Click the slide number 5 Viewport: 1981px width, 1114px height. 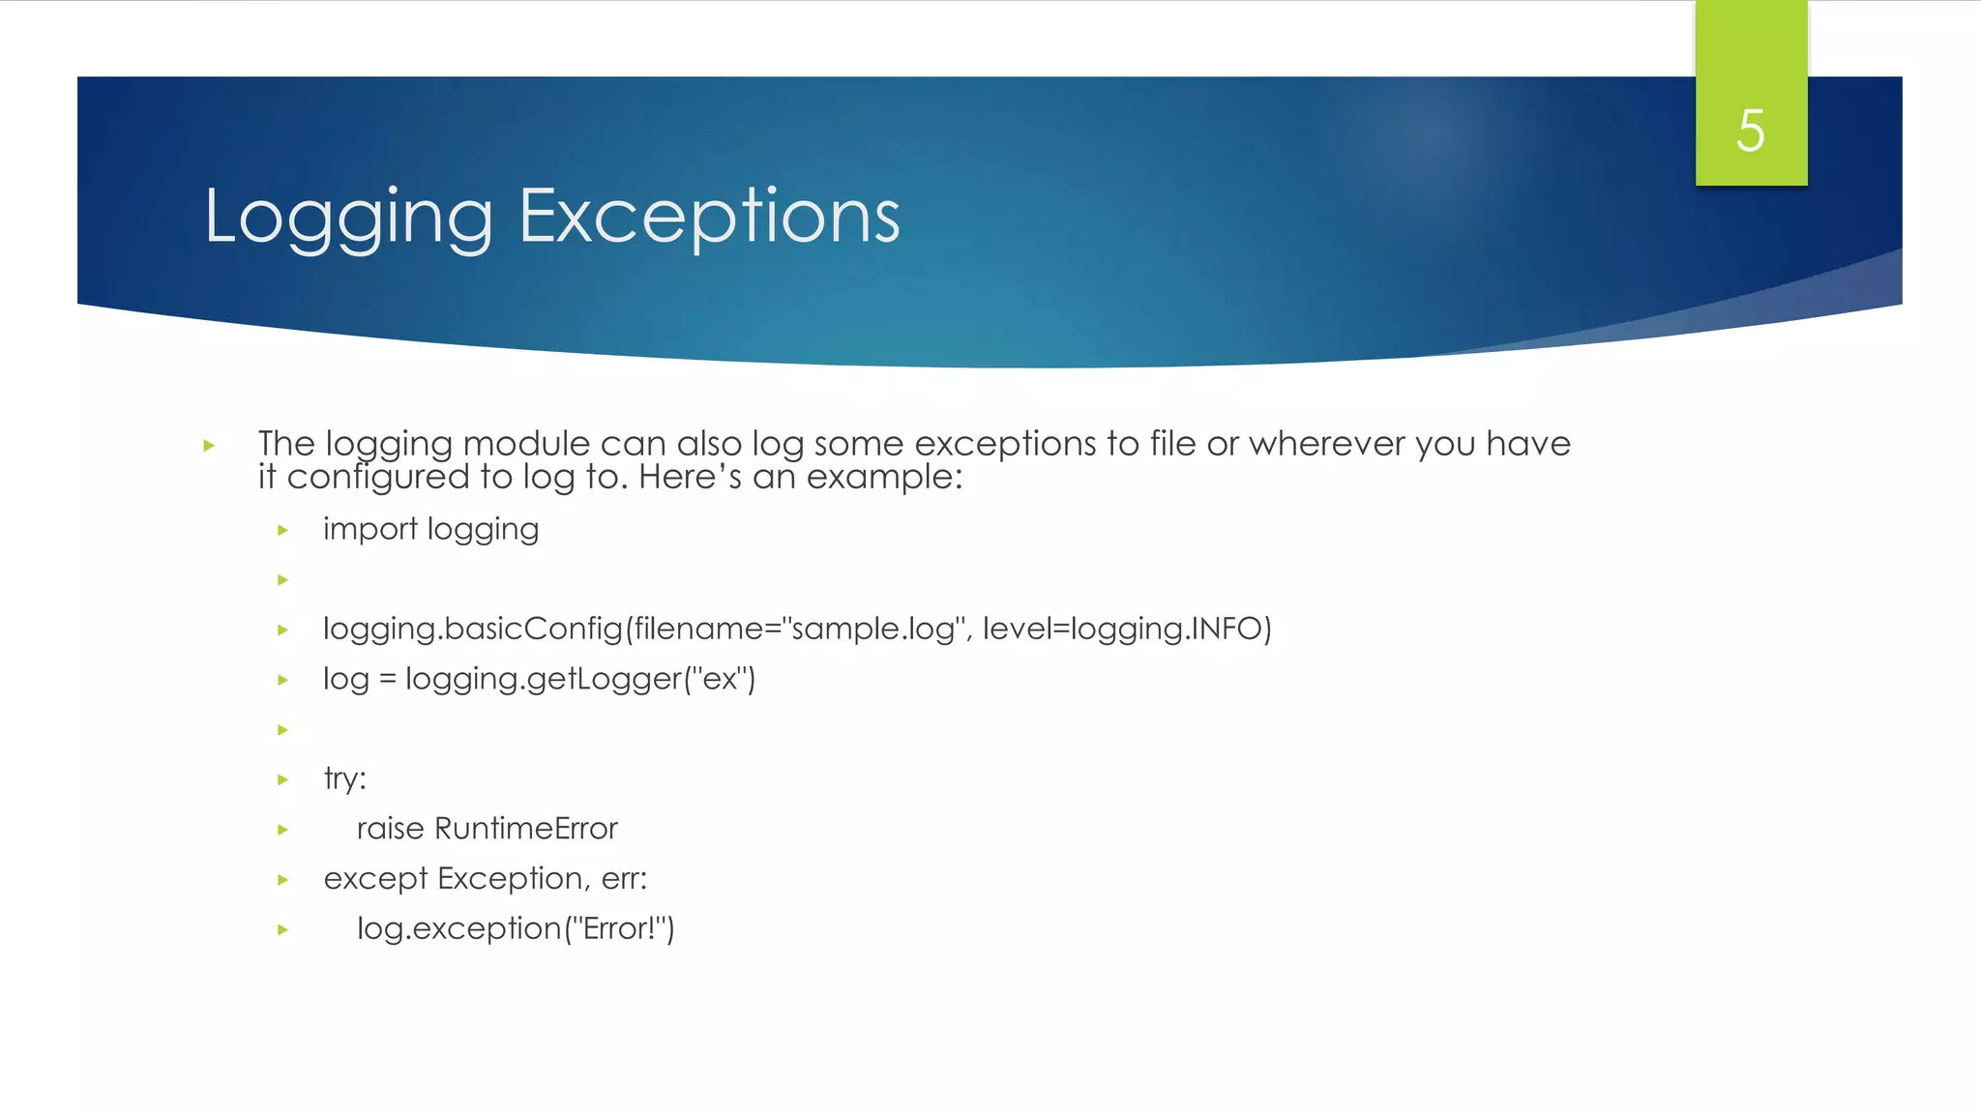(1750, 131)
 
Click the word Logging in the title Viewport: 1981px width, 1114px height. (348, 217)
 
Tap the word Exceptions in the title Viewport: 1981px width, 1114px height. (709, 217)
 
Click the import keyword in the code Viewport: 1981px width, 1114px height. (370, 530)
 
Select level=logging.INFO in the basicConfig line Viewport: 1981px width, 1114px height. (1127, 629)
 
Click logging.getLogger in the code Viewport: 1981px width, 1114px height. (544, 679)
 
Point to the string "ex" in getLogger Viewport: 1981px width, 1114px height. (721, 679)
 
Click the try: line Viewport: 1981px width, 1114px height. (344, 778)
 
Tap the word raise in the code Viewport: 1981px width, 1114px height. (390, 829)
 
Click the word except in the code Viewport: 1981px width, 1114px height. (375, 879)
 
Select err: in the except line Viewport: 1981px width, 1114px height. (624, 879)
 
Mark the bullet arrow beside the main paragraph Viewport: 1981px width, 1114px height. (208, 446)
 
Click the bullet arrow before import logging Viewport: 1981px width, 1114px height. (282, 530)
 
